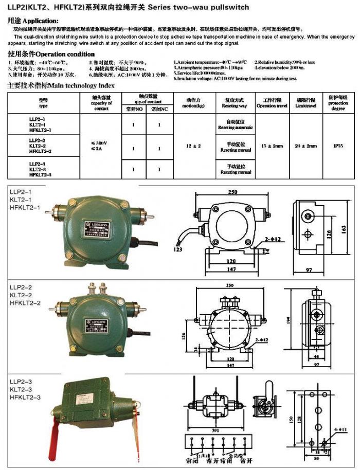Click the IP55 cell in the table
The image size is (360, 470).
[x=338, y=146]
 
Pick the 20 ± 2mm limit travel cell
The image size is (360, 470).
[x=306, y=146]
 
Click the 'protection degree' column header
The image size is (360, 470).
[x=338, y=102]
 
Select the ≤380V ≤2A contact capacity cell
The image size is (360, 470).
[x=101, y=146]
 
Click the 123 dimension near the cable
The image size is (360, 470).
[x=178, y=249]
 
